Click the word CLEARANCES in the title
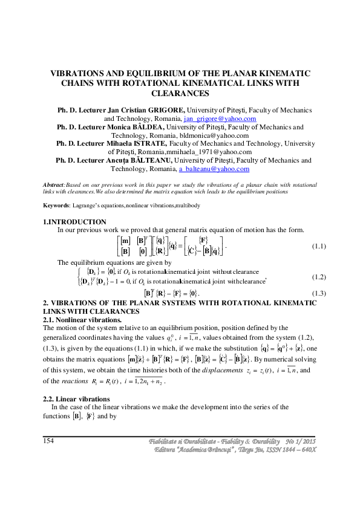(x=180, y=94)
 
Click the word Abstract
(x=54, y=184)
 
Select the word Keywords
(x=56, y=206)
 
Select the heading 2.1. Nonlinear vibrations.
(x=82, y=320)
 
